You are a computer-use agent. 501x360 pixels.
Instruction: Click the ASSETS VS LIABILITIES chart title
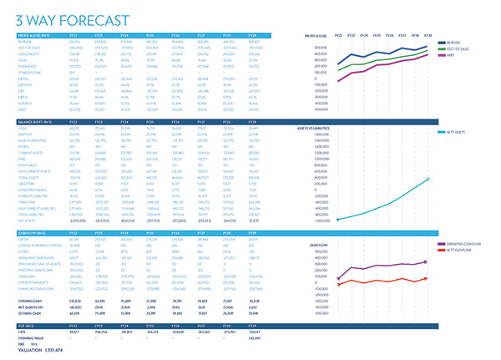pyautogui.click(x=314, y=128)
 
